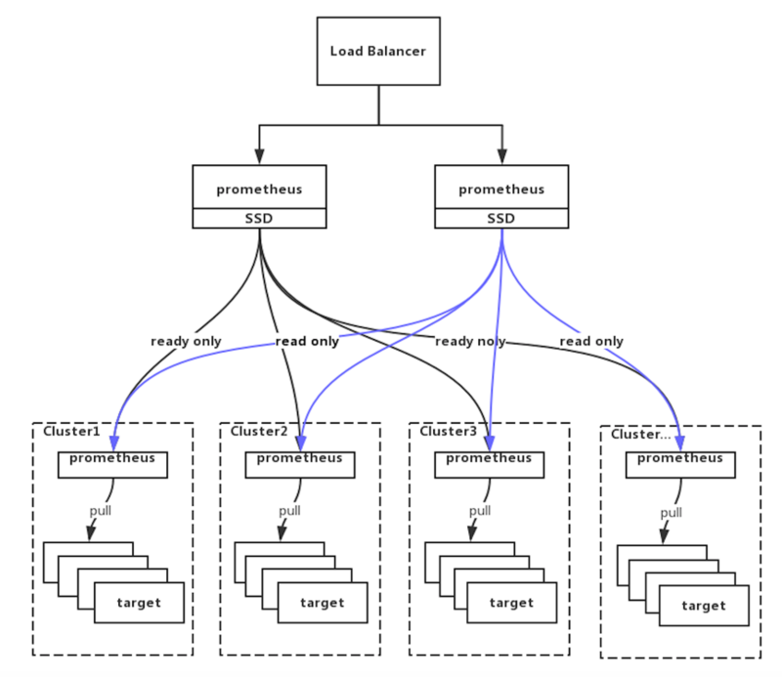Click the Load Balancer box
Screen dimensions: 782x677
[378, 52]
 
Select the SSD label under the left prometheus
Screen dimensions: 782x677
[259, 219]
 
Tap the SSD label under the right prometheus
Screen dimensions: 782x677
[501, 219]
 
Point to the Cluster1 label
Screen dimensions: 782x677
[71, 431]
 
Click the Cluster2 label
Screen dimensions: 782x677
[259, 431]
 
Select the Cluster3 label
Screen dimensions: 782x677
[448, 431]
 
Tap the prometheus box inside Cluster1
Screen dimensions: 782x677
[112, 465]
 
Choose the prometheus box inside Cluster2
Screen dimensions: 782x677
[300, 465]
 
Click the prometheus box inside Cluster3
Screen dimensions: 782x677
[490, 465]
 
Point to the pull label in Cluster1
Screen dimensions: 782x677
[101, 511]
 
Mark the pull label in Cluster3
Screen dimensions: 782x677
[480, 511]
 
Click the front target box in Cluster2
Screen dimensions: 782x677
[323, 603]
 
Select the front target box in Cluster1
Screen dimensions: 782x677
[139, 603]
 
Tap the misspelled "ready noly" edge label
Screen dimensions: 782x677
[470, 342]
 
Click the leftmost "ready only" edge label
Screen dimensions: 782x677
[186, 342]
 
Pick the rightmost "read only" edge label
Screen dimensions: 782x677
[591, 342]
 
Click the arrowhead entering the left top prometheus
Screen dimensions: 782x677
[259, 156]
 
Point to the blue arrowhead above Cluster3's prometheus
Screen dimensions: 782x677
[490, 443]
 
